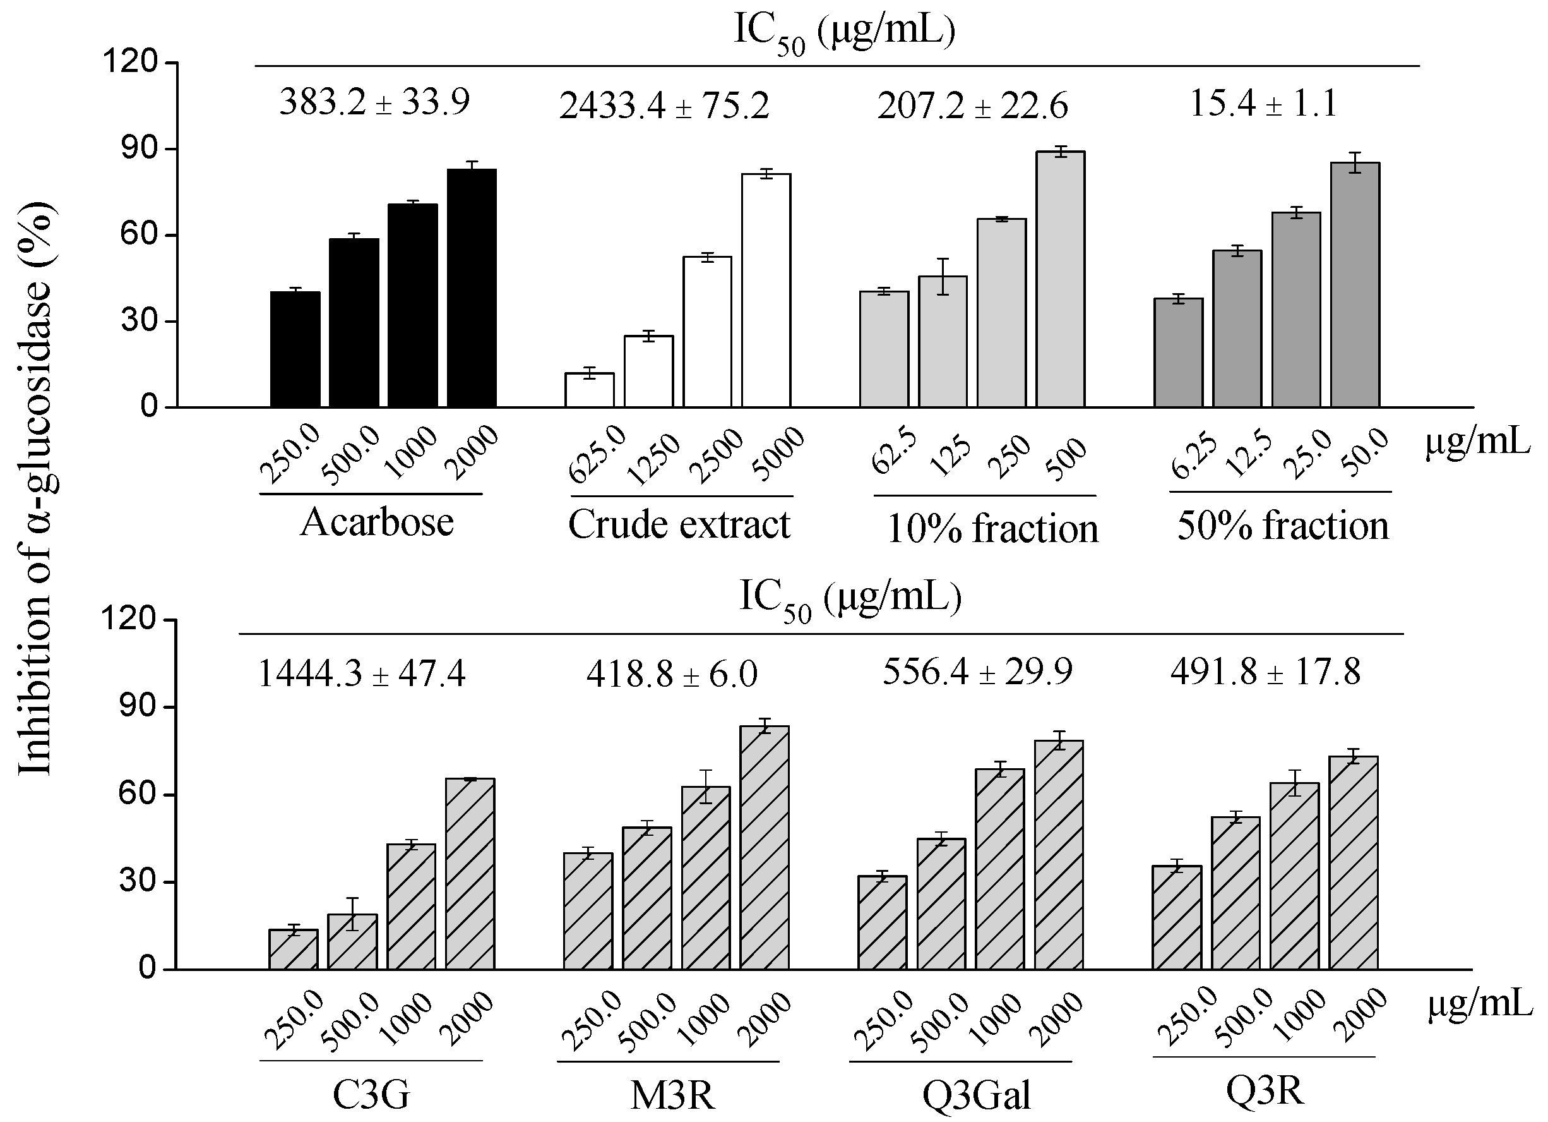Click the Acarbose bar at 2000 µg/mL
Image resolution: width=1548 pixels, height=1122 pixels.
(472, 288)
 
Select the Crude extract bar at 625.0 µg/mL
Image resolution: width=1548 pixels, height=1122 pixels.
(590, 390)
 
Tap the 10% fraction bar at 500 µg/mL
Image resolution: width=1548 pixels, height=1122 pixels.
(1061, 279)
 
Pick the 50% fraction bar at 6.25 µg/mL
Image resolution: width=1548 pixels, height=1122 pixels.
(1179, 353)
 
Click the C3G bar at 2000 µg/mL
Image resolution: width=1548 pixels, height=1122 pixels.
(470, 874)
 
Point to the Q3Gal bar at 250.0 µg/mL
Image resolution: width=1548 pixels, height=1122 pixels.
(883, 922)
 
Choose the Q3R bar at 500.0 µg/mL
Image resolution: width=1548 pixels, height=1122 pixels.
(1236, 893)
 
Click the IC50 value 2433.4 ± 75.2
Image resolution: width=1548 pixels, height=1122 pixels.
(664, 107)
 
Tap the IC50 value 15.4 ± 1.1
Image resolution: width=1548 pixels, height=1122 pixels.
(1263, 104)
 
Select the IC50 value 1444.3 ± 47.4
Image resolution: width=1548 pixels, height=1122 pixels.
(362, 674)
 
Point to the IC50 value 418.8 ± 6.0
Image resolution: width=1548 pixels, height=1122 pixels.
(672, 674)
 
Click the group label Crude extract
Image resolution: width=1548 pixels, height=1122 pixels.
(679, 525)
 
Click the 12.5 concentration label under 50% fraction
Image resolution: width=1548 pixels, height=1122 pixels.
(1248, 454)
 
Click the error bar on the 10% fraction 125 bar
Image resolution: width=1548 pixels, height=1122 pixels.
(943, 276)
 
